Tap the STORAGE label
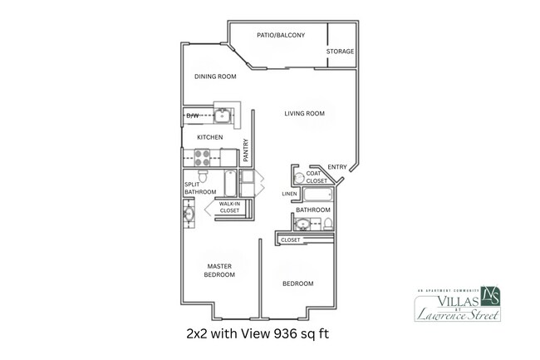(x=340, y=52)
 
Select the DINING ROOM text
(x=216, y=76)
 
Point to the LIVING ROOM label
(x=304, y=113)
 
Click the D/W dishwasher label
(x=192, y=115)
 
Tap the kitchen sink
(x=223, y=115)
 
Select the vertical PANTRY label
(x=246, y=150)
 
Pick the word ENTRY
(x=336, y=166)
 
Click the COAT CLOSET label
(x=316, y=176)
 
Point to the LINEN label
(x=289, y=194)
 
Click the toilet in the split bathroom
(x=247, y=177)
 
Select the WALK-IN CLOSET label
(x=228, y=207)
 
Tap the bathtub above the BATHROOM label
(x=317, y=196)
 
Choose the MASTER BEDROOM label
(x=219, y=271)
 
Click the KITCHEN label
(x=209, y=137)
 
